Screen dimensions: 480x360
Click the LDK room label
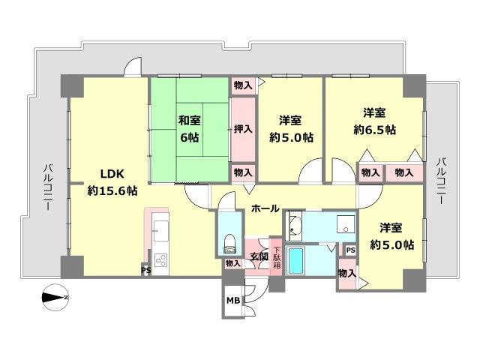click(x=112, y=182)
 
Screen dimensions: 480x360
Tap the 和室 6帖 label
click(x=190, y=128)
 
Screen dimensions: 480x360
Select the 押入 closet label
click(x=243, y=129)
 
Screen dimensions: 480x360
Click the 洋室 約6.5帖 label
click(x=375, y=121)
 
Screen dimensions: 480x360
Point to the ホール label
click(x=265, y=208)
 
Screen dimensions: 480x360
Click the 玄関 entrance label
click(x=259, y=256)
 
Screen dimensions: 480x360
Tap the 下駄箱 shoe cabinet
click(x=277, y=257)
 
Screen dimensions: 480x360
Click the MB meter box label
click(x=233, y=301)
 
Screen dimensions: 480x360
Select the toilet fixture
click(x=230, y=243)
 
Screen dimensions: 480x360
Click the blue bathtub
click(x=296, y=261)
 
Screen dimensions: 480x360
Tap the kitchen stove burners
click(x=160, y=260)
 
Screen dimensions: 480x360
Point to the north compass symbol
click(x=55, y=297)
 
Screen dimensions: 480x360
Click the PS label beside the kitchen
click(x=146, y=270)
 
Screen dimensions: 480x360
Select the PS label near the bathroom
click(x=351, y=250)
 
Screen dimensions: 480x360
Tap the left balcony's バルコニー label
click(x=48, y=187)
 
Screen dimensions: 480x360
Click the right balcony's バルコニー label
click(x=441, y=181)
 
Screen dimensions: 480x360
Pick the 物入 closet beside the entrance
click(x=233, y=263)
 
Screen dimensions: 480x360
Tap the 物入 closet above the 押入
click(x=243, y=85)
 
